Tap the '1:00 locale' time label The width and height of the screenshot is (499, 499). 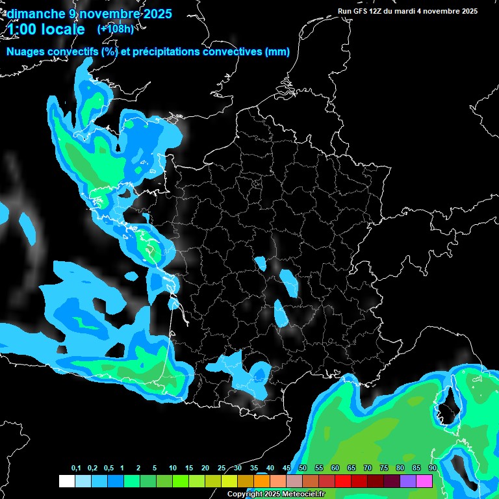(46, 30)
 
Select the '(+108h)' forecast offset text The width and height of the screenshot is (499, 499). (115, 29)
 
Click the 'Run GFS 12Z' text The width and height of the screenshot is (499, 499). (360, 11)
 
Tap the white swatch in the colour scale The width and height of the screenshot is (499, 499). (67, 481)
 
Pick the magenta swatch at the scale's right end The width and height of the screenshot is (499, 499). (424, 481)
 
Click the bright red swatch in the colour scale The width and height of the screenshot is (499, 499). (343, 481)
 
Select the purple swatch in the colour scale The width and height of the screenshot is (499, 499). (408, 481)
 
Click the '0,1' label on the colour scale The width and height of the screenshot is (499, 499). (76, 468)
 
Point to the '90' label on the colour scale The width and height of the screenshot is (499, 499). (432, 468)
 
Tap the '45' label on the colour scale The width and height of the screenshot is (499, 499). (287, 468)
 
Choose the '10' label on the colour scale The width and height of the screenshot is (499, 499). (173, 468)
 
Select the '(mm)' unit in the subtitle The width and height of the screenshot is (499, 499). (277, 52)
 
